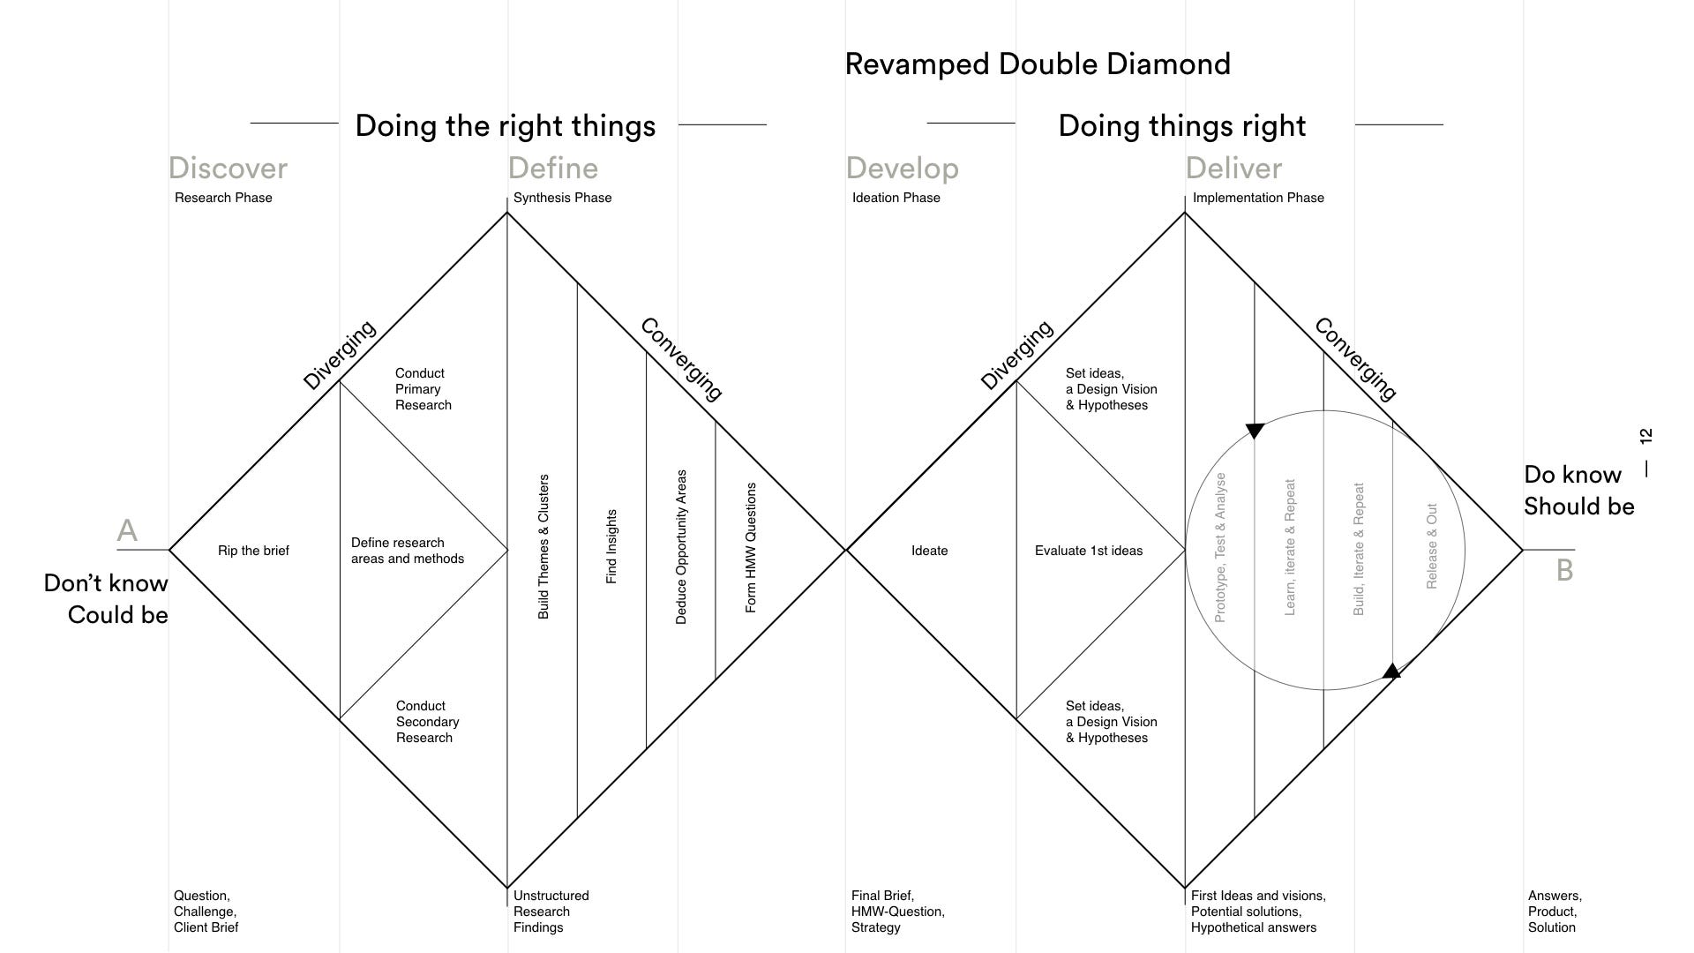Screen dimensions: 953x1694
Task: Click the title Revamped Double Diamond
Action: [x=1038, y=64]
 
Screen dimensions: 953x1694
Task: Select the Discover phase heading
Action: [x=228, y=168]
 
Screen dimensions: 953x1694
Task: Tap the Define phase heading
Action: [x=553, y=168]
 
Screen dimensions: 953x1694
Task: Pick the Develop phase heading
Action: [x=902, y=168]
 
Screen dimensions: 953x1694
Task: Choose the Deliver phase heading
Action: [x=1233, y=168]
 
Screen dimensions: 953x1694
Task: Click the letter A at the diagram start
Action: [x=127, y=530]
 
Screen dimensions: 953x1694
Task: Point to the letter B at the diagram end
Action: [x=1564, y=570]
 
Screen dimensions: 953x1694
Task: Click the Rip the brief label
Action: [x=253, y=551]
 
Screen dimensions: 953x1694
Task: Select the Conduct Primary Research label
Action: [x=423, y=389]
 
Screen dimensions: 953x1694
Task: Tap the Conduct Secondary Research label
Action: [x=427, y=722]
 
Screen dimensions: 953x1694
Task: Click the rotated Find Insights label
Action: [x=611, y=546]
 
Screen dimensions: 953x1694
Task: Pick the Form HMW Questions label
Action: [x=751, y=547]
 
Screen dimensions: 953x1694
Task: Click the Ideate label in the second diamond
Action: [x=929, y=551]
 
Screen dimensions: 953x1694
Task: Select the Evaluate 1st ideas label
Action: [x=1088, y=551]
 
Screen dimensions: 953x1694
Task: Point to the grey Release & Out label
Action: [x=1431, y=546]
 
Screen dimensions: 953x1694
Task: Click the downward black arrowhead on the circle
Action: [x=1255, y=431]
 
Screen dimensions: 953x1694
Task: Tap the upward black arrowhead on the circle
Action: [x=1391, y=672]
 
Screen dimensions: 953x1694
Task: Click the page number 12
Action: [x=1645, y=436]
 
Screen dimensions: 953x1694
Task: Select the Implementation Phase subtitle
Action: [x=1258, y=198]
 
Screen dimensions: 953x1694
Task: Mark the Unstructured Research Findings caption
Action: [x=551, y=912]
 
